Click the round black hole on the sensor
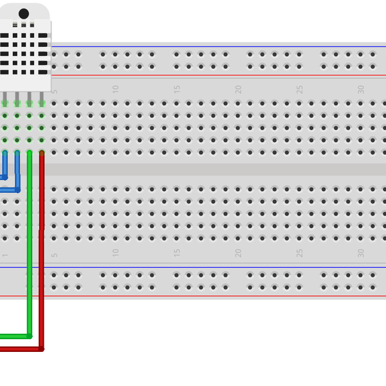(x=24, y=14)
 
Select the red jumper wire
(x=42, y=257)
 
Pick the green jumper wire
(x=30, y=257)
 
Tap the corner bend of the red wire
(x=41, y=349)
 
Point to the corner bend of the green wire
(x=30, y=335)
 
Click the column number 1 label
(x=5, y=255)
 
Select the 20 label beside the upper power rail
(x=238, y=89)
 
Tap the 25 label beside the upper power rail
(x=299, y=89)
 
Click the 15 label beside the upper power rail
(x=177, y=89)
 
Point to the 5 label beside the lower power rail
(x=55, y=255)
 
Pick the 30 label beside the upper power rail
(x=361, y=89)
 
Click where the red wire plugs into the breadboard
(x=42, y=153)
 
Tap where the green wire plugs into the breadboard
(x=30, y=153)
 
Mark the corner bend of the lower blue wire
(x=18, y=190)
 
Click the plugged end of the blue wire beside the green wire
(x=17, y=153)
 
